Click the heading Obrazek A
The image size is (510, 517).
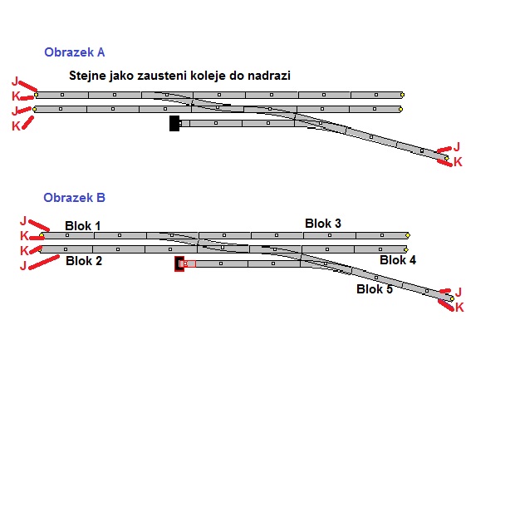(74, 52)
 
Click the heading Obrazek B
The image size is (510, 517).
(74, 198)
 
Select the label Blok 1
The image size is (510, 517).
(83, 226)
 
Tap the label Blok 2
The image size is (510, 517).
(83, 261)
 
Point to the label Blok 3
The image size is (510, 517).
(322, 223)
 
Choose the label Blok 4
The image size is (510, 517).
(398, 260)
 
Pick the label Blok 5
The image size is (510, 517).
(375, 289)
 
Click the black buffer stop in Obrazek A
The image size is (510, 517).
(174, 123)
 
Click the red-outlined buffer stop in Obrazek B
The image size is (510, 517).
(179, 263)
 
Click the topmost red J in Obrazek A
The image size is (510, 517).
(15, 81)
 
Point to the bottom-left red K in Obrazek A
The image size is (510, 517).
(15, 126)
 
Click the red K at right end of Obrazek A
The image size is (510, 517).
(458, 162)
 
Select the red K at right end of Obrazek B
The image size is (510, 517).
(459, 308)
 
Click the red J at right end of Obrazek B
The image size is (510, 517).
(458, 292)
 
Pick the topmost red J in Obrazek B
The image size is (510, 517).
(23, 221)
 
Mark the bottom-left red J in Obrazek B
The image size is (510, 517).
(23, 265)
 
